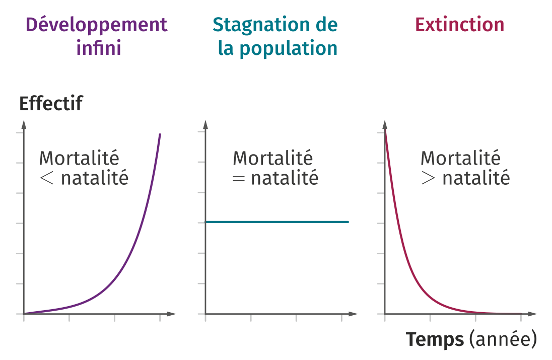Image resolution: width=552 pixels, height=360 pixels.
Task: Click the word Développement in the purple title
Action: point(96,24)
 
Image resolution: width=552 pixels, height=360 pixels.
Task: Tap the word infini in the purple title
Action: point(99,48)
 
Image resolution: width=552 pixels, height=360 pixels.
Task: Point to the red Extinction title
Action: point(459,24)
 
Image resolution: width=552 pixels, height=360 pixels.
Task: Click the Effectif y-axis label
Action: point(50,104)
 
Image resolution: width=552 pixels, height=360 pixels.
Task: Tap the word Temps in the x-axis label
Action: point(435,340)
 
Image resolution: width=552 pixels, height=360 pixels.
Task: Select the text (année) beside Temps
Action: point(502,340)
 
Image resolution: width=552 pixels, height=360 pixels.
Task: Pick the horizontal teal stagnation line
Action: point(277,222)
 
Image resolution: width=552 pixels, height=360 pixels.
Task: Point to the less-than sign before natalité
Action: point(46,178)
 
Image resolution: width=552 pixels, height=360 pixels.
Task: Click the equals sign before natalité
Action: point(239,178)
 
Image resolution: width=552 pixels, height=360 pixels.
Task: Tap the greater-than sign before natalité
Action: point(428,178)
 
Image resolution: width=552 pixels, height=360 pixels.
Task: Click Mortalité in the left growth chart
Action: point(79,158)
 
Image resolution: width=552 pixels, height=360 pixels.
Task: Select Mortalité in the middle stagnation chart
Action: point(272,158)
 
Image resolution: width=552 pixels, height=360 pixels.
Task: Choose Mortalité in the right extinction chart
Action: point(460,158)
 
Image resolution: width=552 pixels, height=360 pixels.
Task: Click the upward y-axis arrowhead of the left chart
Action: point(24,124)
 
